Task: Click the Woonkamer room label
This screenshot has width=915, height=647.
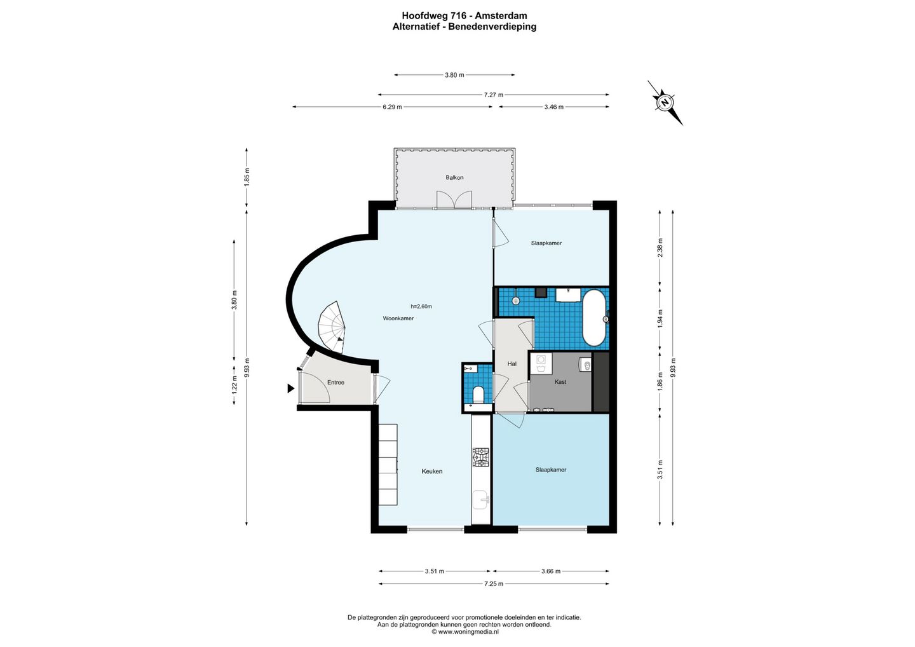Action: [398, 318]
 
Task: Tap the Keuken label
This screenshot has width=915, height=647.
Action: [432, 471]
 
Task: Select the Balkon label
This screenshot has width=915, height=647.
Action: [455, 178]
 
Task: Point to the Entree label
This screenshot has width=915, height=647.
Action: [335, 383]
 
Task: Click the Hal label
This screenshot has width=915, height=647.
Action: [512, 364]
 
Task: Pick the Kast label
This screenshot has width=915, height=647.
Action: [560, 382]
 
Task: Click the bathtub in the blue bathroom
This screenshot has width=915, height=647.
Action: [594, 318]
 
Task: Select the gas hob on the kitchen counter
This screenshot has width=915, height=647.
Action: [481, 458]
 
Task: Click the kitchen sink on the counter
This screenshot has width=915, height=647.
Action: [480, 501]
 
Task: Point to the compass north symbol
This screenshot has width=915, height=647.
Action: [665, 102]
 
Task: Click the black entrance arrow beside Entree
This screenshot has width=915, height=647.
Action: [291, 388]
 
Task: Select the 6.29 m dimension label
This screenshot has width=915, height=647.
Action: [392, 107]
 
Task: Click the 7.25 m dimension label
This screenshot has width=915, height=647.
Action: [494, 583]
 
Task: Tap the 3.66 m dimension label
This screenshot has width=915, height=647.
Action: [551, 571]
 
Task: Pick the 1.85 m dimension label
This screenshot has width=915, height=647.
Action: [247, 177]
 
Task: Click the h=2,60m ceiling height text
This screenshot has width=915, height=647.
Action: [421, 306]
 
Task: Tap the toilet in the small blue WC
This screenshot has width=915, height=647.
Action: [478, 394]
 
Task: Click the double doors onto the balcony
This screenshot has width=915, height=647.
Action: [454, 200]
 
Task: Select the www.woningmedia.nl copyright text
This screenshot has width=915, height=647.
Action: [465, 632]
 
